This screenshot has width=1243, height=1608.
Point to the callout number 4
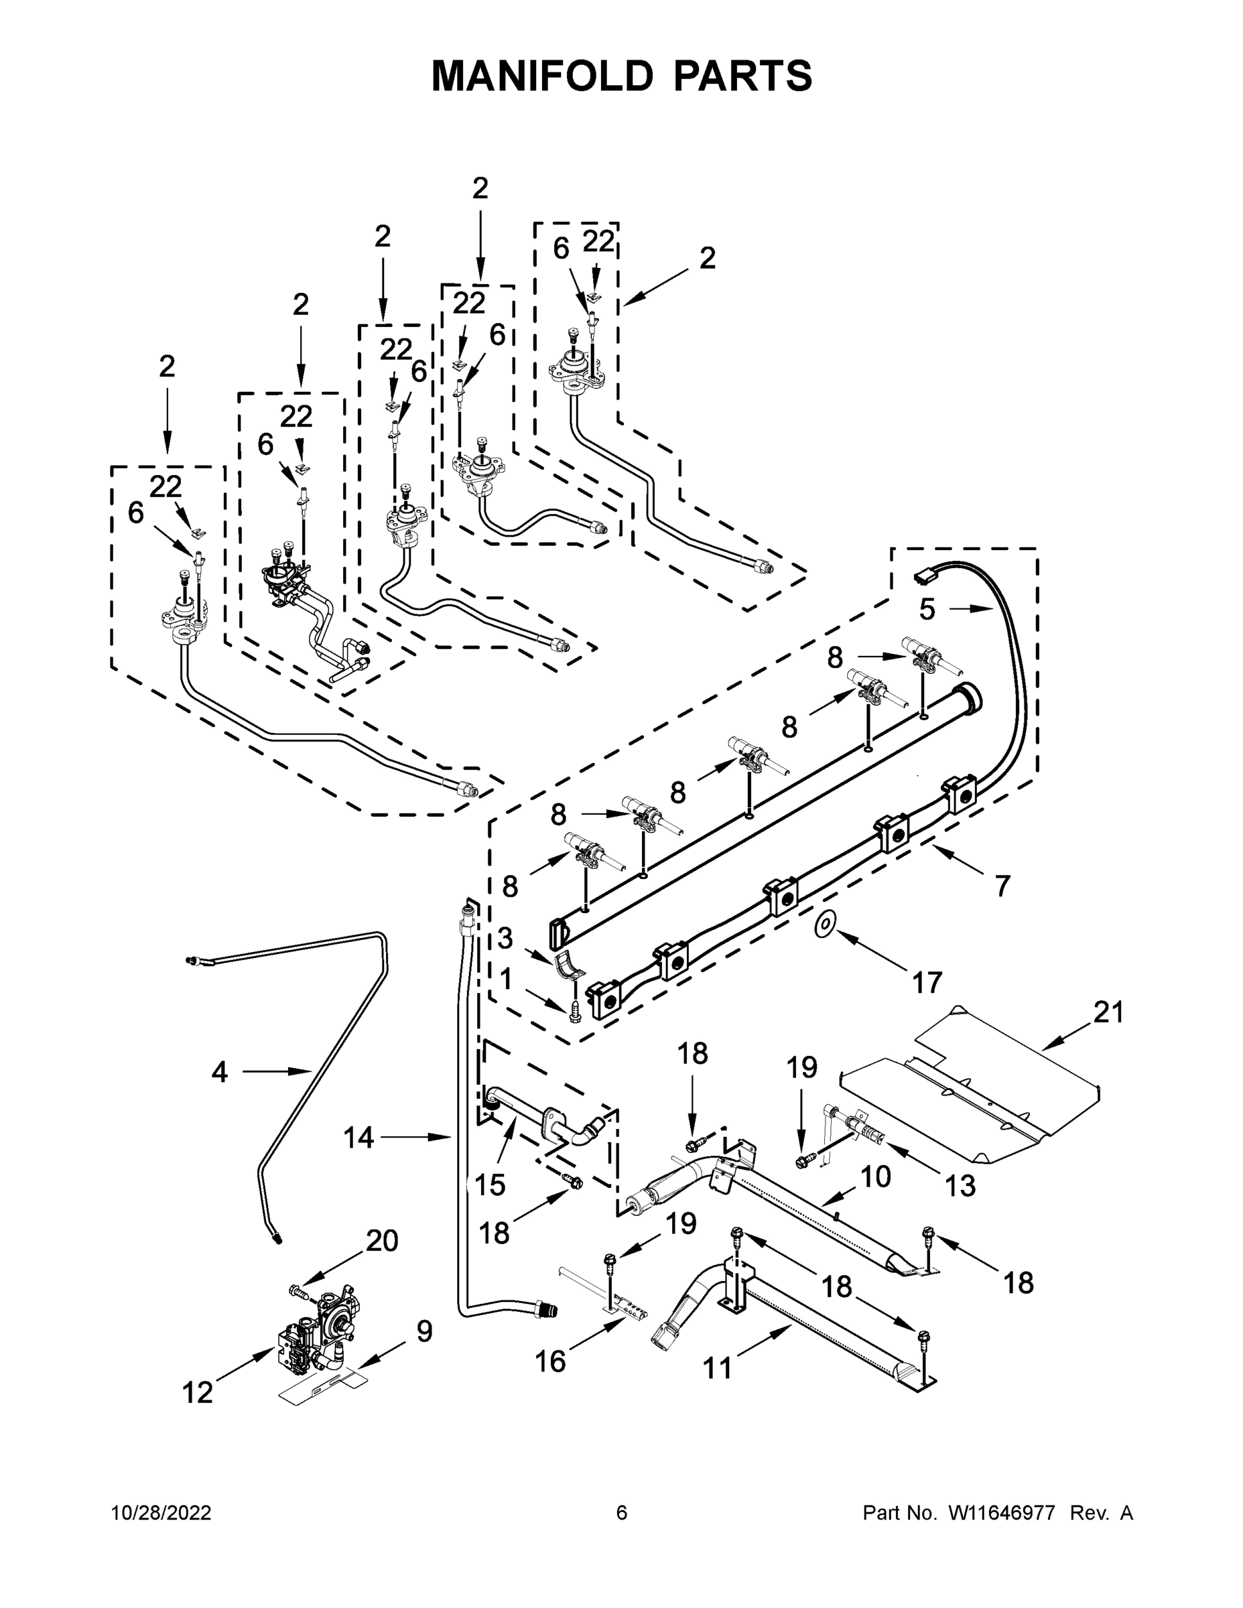click(x=219, y=1072)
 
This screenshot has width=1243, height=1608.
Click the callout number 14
click(x=358, y=1138)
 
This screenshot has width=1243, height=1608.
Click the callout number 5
click(x=927, y=610)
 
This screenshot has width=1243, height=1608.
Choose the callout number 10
click(x=876, y=1177)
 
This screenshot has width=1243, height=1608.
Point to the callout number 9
click(x=424, y=1331)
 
